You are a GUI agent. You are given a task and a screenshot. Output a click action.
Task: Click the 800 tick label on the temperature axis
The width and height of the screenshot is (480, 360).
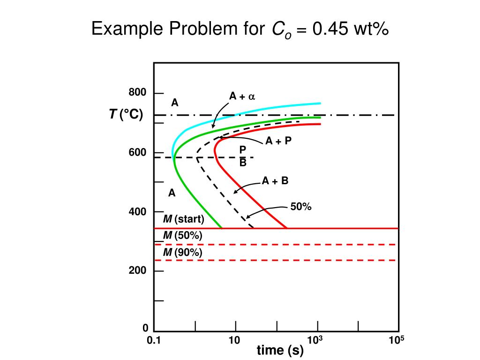[138, 93]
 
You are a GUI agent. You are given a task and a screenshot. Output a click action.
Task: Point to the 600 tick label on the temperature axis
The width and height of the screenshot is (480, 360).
[138, 153]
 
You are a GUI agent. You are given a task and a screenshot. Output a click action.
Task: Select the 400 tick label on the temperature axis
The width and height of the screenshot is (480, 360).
[138, 212]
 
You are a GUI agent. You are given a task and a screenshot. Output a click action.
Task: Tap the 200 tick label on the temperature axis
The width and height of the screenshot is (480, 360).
[138, 271]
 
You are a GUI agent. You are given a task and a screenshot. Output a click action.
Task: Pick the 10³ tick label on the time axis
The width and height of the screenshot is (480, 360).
[315, 340]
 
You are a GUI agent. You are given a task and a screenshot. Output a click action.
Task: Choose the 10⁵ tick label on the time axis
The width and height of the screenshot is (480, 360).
[396, 340]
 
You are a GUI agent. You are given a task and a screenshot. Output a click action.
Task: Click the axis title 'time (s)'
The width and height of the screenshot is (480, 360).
[280, 351]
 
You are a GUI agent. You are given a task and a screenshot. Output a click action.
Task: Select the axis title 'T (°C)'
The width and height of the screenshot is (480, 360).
[126, 115]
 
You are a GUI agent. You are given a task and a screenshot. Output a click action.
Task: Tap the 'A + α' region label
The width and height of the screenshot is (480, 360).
[241, 97]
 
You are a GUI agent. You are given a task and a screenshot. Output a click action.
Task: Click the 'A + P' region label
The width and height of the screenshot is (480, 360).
[278, 141]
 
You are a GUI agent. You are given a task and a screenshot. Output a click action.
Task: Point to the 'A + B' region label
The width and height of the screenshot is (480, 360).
[275, 181]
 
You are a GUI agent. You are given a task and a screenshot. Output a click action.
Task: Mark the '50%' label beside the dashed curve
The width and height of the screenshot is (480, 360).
[301, 206]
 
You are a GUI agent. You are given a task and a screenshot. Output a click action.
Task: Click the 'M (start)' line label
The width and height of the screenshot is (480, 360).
[183, 219]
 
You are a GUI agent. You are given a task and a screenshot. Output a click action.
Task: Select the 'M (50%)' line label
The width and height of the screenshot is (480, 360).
[182, 236]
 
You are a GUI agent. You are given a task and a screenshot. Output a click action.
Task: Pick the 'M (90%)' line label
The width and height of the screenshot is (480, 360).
[182, 253]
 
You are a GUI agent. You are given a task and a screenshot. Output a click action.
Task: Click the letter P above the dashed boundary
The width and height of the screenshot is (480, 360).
[243, 150]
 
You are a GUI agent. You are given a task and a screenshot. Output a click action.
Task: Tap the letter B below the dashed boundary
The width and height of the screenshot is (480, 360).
[243, 163]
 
